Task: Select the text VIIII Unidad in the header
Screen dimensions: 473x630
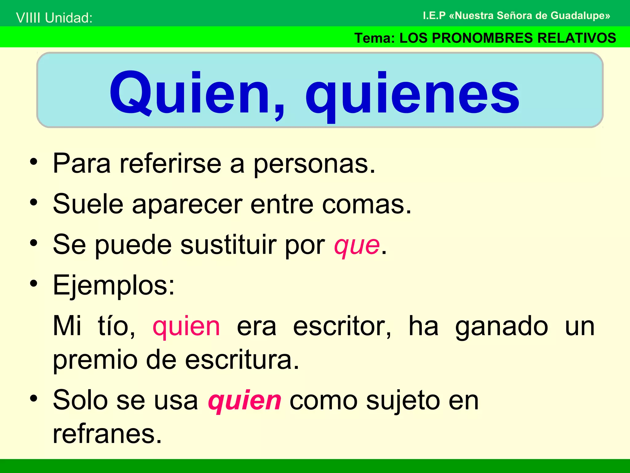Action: (54, 18)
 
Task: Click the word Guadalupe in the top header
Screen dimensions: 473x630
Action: (580, 15)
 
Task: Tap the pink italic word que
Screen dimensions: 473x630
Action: (357, 246)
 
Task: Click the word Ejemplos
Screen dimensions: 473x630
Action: (114, 286)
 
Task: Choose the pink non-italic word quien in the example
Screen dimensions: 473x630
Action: (186, 326)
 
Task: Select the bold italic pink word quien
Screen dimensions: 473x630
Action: (245, 401)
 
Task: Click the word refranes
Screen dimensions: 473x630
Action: (107, 434)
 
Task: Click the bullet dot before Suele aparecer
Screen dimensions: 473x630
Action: (34, 203)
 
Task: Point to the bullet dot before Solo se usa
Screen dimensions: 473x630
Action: (34, 398)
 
